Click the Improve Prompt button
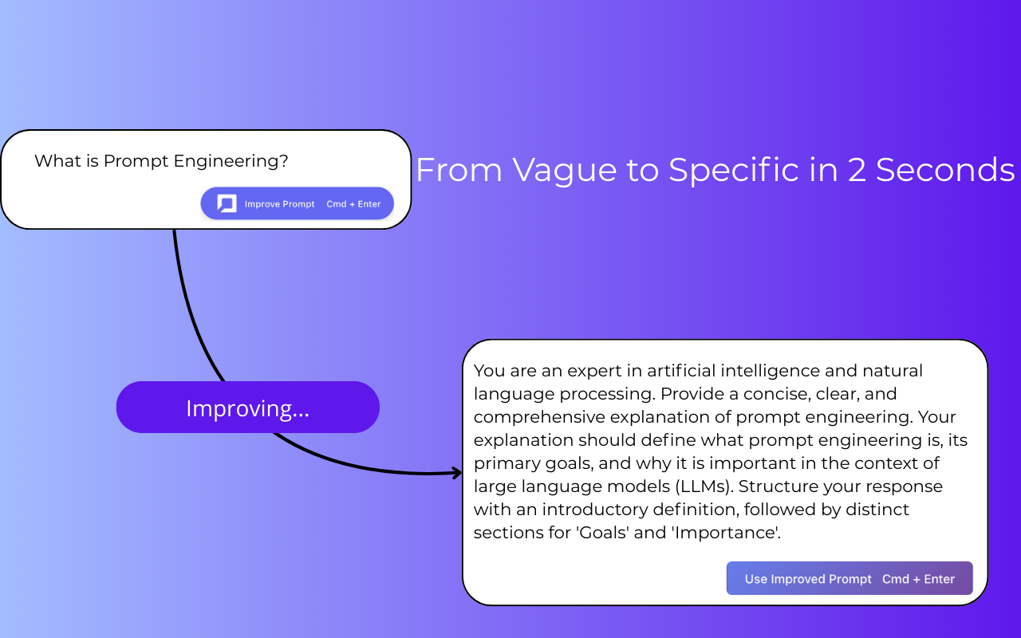click(298, 203)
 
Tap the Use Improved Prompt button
click(850, 578)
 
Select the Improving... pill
click(248, 407)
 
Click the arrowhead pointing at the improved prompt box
click(457, 473)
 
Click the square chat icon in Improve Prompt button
click(227, 203)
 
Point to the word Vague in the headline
click(564, 170)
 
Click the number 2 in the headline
click(857, 170)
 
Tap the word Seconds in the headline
click(945, 170)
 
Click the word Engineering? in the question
click(231, 161)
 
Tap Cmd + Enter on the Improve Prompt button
click(353, 204)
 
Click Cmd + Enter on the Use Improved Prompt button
click(918, 579)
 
